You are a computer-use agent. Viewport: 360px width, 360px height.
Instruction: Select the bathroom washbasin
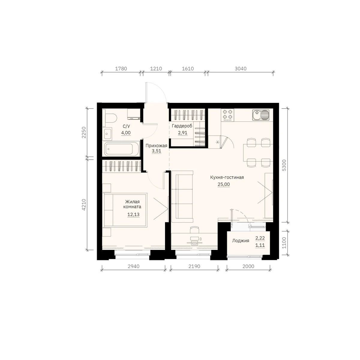(x=107, y=134)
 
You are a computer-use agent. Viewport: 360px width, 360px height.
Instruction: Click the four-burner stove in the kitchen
(x=227, y=115)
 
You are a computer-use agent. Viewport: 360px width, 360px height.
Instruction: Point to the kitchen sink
(x=261, y=115)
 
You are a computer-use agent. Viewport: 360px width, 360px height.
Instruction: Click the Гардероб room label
(x=182, y=126)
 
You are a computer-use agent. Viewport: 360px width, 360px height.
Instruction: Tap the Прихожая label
(x=156, y=145)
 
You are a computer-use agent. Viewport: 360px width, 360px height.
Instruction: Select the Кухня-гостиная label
(x=227, y=177)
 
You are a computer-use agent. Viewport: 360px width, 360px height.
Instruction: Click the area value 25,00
(x=223, y=184)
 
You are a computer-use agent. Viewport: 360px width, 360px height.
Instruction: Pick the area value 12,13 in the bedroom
(x=133, y=214)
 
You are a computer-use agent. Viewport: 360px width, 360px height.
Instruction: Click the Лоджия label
(x=241, y=241)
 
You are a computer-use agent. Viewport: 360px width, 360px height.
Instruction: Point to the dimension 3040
(x=241, y=69)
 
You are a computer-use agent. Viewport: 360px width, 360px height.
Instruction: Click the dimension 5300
(x=284, y=165)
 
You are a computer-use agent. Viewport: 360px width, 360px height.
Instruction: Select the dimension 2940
(x=133, y=266)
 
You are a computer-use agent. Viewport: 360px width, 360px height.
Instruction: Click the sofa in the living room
(x=182, y=196)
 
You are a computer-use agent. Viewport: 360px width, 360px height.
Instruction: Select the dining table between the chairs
(x=258, y=153)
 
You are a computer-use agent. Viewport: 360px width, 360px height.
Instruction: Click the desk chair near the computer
(x=194, y=230)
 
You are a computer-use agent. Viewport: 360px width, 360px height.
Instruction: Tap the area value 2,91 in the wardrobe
(x=182, y=133)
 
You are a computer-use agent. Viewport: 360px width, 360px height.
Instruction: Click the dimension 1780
(x=121, y=69)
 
